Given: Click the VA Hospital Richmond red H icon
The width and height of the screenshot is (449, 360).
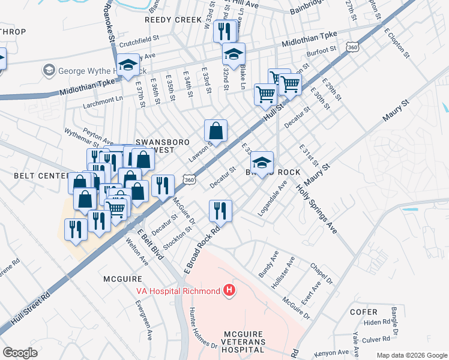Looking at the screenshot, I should [x=229, y=291].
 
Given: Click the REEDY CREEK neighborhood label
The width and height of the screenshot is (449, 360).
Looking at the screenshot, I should [x=173, y=20].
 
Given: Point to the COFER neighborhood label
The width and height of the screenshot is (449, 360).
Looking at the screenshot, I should [x=364, y=312].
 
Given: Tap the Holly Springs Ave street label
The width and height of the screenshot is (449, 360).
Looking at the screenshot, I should [x=317, y=208].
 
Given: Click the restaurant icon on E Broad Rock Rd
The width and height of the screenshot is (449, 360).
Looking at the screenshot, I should [x=220, y=211].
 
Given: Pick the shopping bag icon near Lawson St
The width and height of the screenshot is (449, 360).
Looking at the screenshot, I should [x=215, y=130].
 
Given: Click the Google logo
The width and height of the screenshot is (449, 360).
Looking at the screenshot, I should [x=20, y=352].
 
